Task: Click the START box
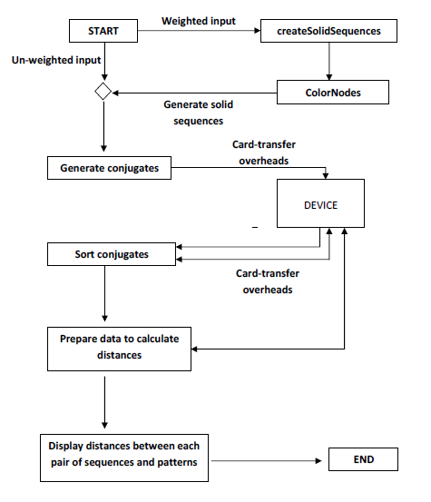[x=103, y=31]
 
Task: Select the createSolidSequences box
[x=328, y=31]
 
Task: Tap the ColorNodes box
[x=333, y=93]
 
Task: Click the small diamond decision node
[x=103, y=92]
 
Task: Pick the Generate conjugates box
[x=109, y=168]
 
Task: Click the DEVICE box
[x=320, y=203]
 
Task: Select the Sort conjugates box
[x=112, y=254]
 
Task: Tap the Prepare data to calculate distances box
[x=119, y=349]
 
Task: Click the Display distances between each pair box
[x=124, y=458]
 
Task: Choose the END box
[x=363, y=459]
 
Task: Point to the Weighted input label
[x=199, y=21]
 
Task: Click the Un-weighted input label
[x=56, y=60]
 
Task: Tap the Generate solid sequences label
[x=199, y=113]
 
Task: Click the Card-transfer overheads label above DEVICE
[x=264, y=153]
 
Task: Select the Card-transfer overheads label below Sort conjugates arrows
[x=268, y=281]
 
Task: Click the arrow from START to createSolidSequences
[x=199, y=31]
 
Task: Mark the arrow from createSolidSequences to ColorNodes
[x=329, y=61]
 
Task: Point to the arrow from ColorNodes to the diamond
[x=194, y=94]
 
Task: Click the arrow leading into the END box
[x=266, y=461]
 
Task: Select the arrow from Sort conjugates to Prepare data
[x=104, y=293]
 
